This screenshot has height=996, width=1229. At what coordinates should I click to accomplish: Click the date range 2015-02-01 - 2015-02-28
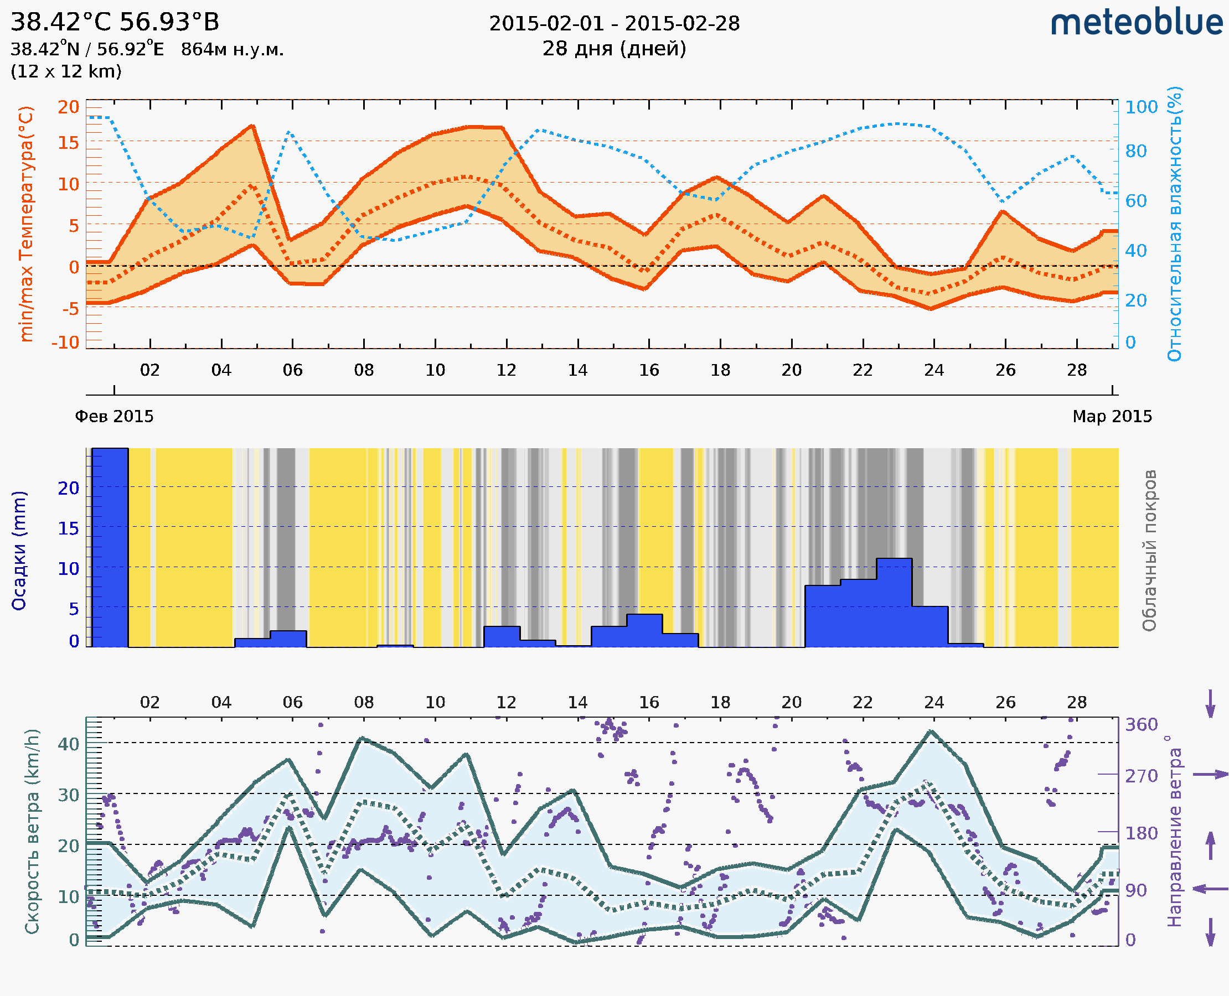(x=614, y=24)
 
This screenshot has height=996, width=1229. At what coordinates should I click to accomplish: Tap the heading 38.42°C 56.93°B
(x=115, y=22)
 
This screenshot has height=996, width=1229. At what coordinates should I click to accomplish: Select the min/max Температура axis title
(x=26, y=224)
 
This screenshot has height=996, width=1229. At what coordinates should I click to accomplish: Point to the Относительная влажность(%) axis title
(x=1174, y=224)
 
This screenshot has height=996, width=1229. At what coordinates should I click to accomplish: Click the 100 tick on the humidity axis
(x=1141, y=107)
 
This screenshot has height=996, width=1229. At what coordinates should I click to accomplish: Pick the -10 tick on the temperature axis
(x=65, y=343)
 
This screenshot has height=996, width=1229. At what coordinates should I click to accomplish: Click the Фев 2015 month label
(x=114, y=416)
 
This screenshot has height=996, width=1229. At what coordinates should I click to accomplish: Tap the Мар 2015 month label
(x=1112, y=416)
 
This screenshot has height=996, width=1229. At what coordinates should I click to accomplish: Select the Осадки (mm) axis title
(x=19, y=551)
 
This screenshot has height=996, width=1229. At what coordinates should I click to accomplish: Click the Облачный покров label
(x=1149, y=551)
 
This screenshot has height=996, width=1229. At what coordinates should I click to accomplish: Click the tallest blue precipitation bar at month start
(x=110, y=548)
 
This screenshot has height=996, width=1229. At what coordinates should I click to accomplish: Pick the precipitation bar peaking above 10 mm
(x=894, y=603)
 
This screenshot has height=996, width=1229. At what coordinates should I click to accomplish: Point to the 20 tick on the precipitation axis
(x=68, y=488)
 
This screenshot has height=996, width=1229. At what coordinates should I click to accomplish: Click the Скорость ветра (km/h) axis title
(x=32, y=831)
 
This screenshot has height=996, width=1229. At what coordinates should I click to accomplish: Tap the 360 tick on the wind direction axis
(x=1141, y=725)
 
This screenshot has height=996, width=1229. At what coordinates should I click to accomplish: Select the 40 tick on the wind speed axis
(x=68, y=744)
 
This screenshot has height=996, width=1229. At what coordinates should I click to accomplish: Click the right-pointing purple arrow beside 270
(x=1210, y=775)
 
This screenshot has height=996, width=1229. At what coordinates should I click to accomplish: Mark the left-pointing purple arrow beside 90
(x=1210, y=889)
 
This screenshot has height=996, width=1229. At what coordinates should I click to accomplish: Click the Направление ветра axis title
(x=1174, y=831)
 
